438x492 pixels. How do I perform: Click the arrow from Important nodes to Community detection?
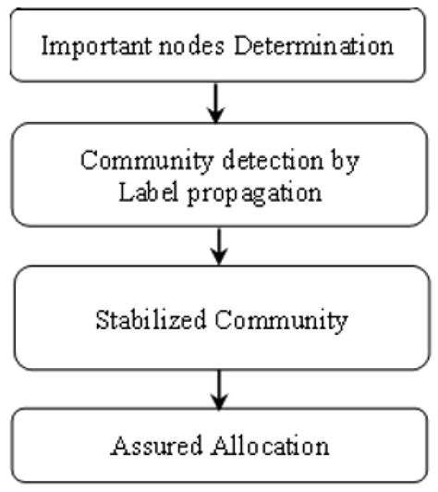(x=215, y=105)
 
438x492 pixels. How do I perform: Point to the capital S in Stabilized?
(x=102, y=320)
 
